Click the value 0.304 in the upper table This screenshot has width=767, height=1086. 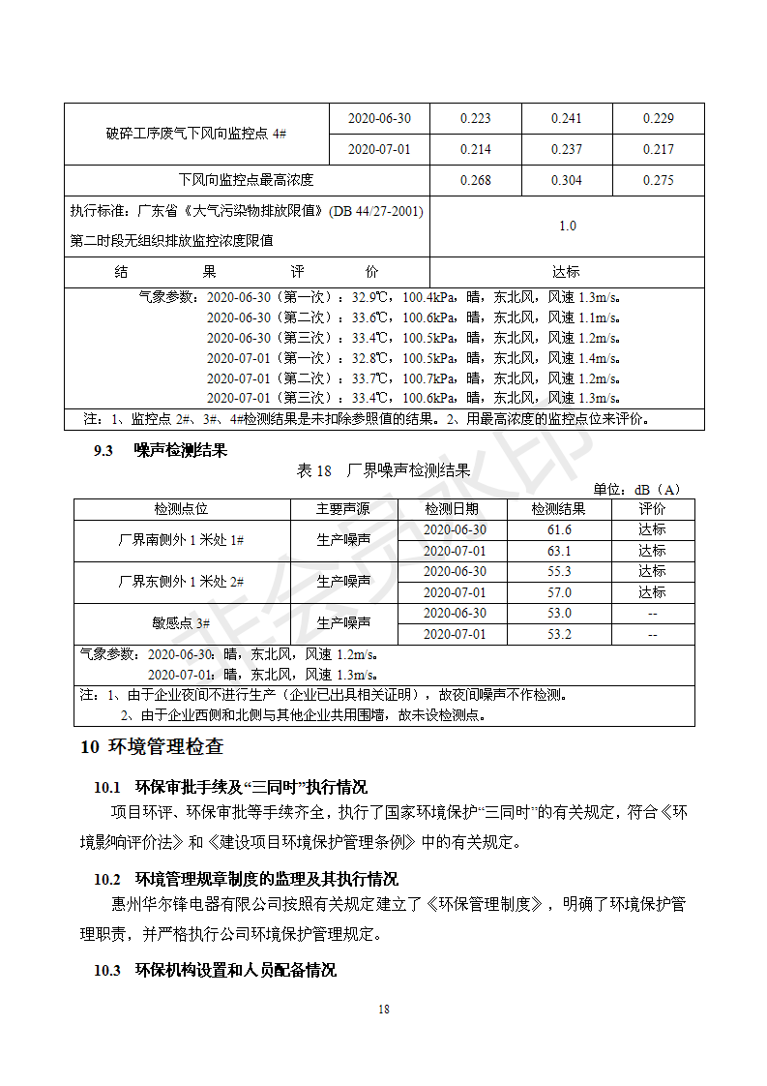click(567, 180)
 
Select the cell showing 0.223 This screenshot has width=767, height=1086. click(475, 118)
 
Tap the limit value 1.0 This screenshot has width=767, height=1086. click(567, 226)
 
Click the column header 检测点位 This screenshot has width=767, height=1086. click(181, 509)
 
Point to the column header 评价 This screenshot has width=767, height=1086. click(652, 509)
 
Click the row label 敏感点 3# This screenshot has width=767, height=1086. click(181, 623)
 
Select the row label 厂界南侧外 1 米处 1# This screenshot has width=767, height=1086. click(181, 540)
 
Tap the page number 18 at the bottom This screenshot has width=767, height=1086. click(384, 1010)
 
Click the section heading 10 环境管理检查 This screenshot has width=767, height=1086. click(152, 747)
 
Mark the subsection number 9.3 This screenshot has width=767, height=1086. click(103, 450)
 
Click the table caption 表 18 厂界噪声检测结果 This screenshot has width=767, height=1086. click(383, 470)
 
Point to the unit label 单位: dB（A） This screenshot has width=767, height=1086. click(636, 489)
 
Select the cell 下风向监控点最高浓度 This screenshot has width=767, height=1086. click(247, 180)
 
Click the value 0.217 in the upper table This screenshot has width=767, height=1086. click(658, 149)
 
